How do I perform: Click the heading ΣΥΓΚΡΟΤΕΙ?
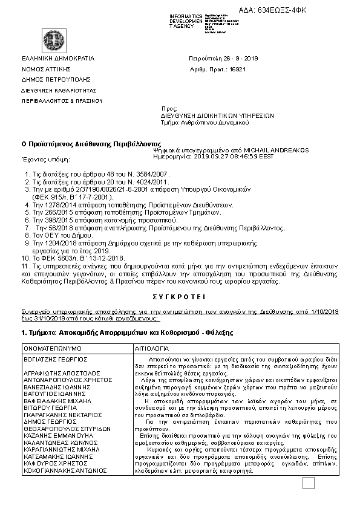click(x=179, y=297)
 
